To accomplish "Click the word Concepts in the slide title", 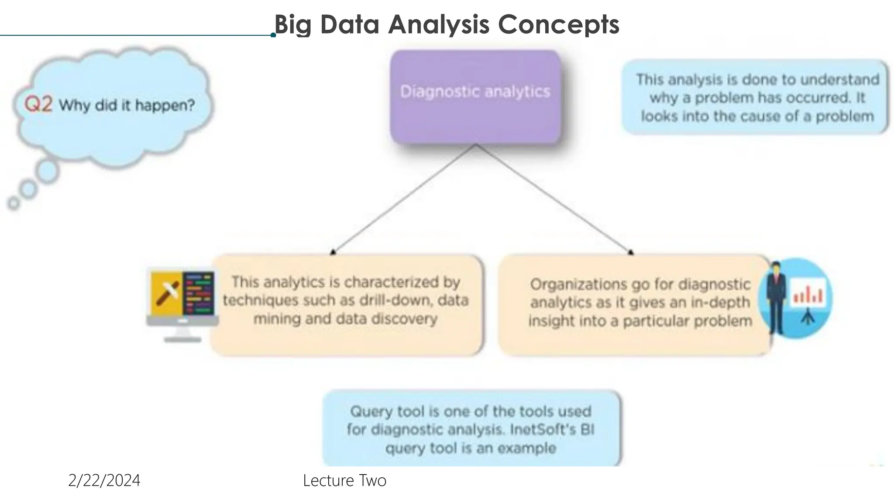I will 558,24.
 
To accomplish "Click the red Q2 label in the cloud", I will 38,104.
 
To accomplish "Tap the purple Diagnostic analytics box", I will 475,97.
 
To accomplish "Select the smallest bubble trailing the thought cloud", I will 14,203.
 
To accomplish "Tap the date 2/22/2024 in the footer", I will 104,480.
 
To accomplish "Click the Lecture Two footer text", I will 344,480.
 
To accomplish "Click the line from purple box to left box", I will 404,199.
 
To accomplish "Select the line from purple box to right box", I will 554,199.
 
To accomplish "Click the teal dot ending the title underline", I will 273,35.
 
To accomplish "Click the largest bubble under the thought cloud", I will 47,171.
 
